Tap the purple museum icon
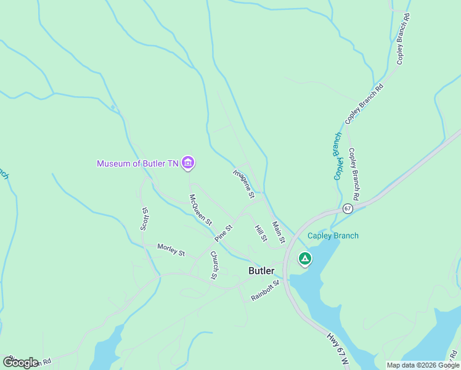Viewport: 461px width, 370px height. pos(189,163)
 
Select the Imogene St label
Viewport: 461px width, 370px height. pos(244,183)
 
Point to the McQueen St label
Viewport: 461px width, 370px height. pos(201,210)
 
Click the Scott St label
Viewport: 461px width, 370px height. pos(145,218)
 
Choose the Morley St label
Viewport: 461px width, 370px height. pos(171,249)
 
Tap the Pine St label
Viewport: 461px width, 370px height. pos(223,233)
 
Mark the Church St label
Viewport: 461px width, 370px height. pos(214,265)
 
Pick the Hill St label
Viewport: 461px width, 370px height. pos(261,233)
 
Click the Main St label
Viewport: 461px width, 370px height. pos(279,232)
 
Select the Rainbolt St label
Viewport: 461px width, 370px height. pos(266,291)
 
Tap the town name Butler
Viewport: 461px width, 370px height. pos(261,271)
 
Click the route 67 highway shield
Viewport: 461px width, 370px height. pos(348,208)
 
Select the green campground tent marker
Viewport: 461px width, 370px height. pos(304,258)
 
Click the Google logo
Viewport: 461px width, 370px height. pos(20,362)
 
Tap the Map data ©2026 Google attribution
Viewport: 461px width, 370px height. pos(423,365)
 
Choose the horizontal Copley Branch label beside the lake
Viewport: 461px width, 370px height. pos(333,236)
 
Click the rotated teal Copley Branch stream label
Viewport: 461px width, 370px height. pos(338,157)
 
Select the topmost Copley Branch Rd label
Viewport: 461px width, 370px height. pos(404,38)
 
